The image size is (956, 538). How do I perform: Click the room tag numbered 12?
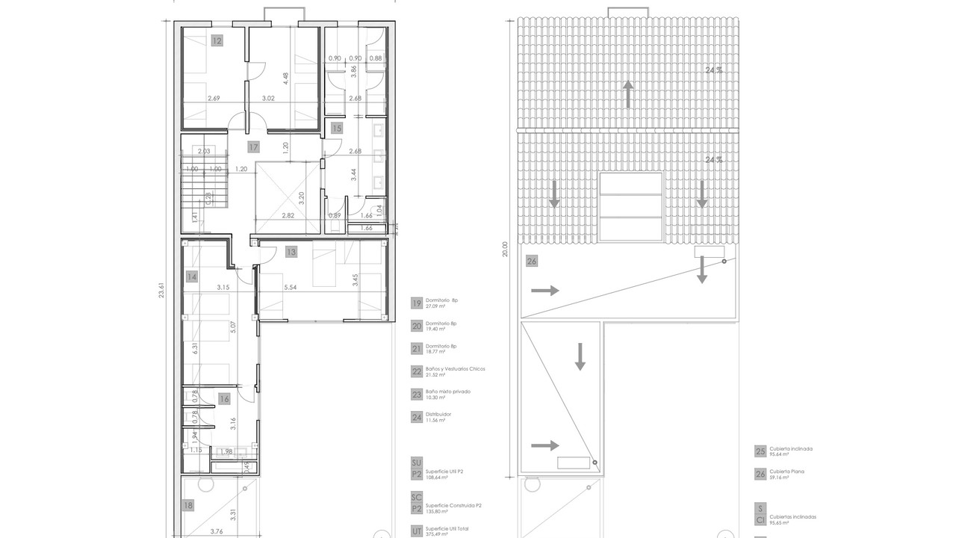tap(217, 41)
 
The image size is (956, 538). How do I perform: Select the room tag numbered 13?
tap(291, 252)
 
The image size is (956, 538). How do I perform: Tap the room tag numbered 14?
tap(192, 276)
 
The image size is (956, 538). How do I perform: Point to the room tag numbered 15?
tap(337, 129)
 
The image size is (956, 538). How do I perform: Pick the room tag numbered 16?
tap(224, 399)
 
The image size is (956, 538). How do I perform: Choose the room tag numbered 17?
tap(254, 146)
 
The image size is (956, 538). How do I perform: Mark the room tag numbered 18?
tap(187, 505)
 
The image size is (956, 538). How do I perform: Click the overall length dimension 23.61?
tap(162, 289)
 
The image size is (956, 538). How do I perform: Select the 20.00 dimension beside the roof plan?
tap(506, 248)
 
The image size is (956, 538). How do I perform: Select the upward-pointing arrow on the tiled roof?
tap(628, 94)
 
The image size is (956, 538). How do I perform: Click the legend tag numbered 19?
tap(417, 303)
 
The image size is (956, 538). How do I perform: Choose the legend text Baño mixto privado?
tap(447, 392)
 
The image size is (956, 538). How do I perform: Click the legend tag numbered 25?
tap(760, 451)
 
